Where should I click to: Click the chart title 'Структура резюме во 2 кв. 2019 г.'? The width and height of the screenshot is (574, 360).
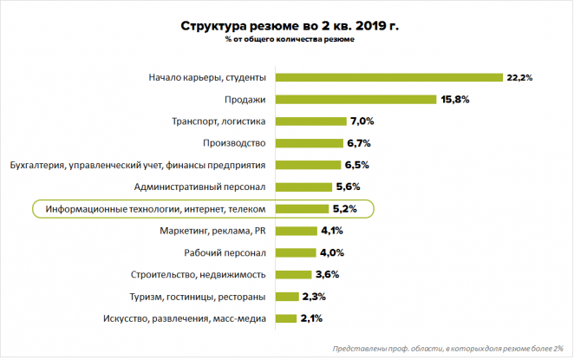click(x=290, y=26)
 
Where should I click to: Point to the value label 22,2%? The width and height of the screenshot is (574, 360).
click(x=520, y=77)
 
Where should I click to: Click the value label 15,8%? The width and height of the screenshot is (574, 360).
click(x=455, y=99)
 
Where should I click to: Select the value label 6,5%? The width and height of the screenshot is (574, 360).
click(x=357, y=165)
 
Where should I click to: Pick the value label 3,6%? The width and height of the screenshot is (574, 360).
click(x=327, y=275)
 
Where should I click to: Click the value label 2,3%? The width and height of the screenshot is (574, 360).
click(x=313, y=297)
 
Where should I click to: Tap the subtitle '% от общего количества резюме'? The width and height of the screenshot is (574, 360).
click(x=290, y=40)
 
